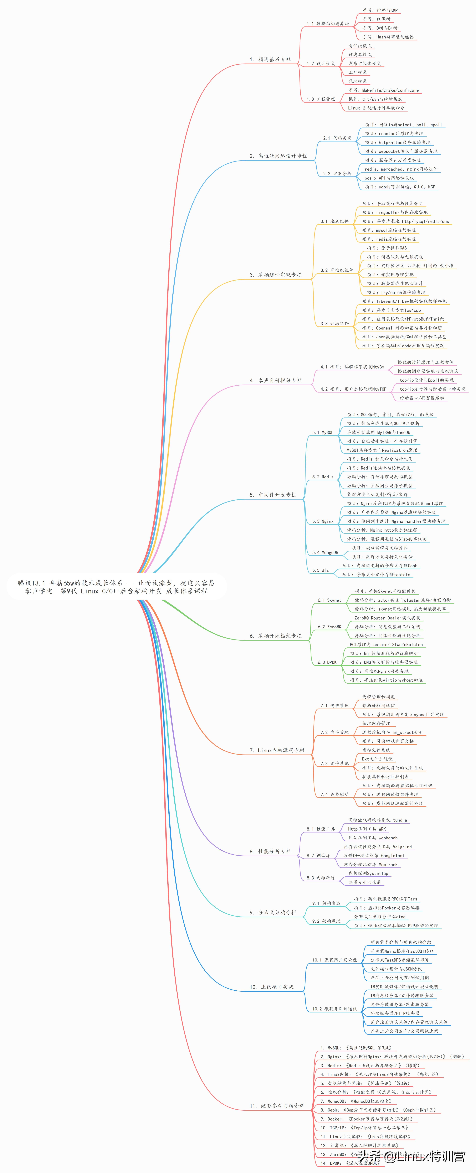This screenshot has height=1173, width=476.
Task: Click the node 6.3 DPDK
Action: (x=327, y=662)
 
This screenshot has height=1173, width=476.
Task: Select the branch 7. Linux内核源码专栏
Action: (x=276, y=750)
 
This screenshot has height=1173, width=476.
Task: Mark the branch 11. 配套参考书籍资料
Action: (x=276, y=1106)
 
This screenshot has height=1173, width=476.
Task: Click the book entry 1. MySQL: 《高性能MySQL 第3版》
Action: (x=355, y=1048)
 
